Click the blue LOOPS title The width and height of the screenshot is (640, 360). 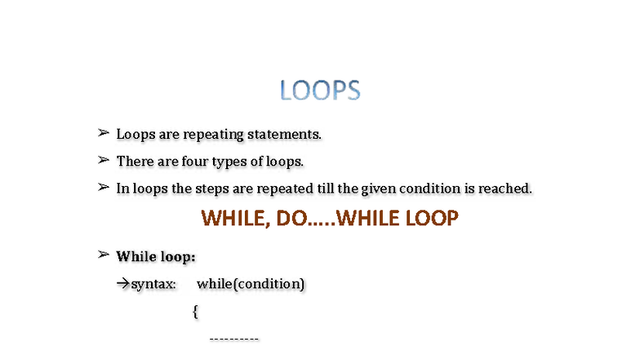point(320,91)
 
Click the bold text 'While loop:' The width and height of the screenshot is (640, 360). point(156,257)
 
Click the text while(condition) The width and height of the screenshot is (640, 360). point(251,284)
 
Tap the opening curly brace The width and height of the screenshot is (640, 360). point(196,311)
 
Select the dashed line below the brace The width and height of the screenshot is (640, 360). point(234,338)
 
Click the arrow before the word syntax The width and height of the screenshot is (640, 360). point(123,284)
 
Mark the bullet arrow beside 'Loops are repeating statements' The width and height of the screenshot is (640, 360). point(104,132)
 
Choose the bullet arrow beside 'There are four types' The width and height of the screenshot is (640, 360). point(104,159)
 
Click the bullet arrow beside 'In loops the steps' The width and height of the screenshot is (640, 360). point(104,187)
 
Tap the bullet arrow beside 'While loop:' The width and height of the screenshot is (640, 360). point(104,255)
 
